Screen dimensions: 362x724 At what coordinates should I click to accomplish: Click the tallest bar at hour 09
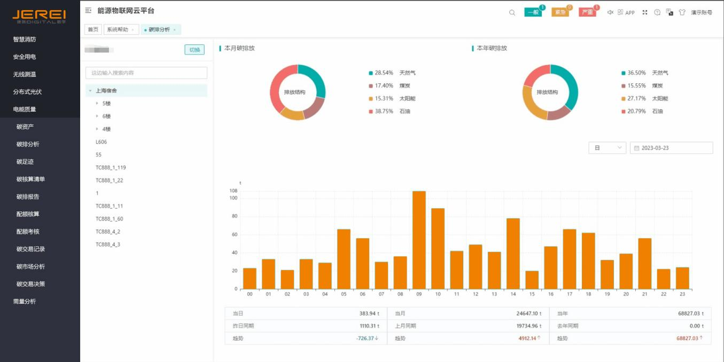[x=419, y=240]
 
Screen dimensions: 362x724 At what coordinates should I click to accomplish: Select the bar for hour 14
[x=513, y=254]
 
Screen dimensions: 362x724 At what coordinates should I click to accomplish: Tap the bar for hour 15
[x=532, y=280]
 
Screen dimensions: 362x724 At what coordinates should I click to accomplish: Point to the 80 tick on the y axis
[x=233, y=216]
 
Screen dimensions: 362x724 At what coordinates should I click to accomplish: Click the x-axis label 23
[x=682, y=294]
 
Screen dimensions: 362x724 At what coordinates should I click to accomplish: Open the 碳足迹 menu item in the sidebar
[x=25, y=162]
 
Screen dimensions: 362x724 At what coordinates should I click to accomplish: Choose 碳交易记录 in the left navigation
[x=30, y=249]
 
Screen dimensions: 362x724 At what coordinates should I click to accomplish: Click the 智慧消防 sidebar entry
[x=25, y=40]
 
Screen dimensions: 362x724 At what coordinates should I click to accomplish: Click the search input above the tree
[x=146, y=73]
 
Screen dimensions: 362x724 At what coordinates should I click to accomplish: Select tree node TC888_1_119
[x=111, y=168]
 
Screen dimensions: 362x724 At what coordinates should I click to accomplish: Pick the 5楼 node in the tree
[x=106, y=104]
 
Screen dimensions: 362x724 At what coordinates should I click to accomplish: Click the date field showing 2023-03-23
[x=671, y=148]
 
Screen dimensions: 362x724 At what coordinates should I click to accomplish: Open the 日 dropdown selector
[x=607, y=148]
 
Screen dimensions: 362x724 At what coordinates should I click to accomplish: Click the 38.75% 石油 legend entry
[x=388, y=112]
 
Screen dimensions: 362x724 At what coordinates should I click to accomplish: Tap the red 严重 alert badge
[x=587, y=12]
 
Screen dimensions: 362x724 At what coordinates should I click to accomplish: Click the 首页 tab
[x=93, y=30]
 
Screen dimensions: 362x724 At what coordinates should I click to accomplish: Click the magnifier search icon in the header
[x=512, y=12]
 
